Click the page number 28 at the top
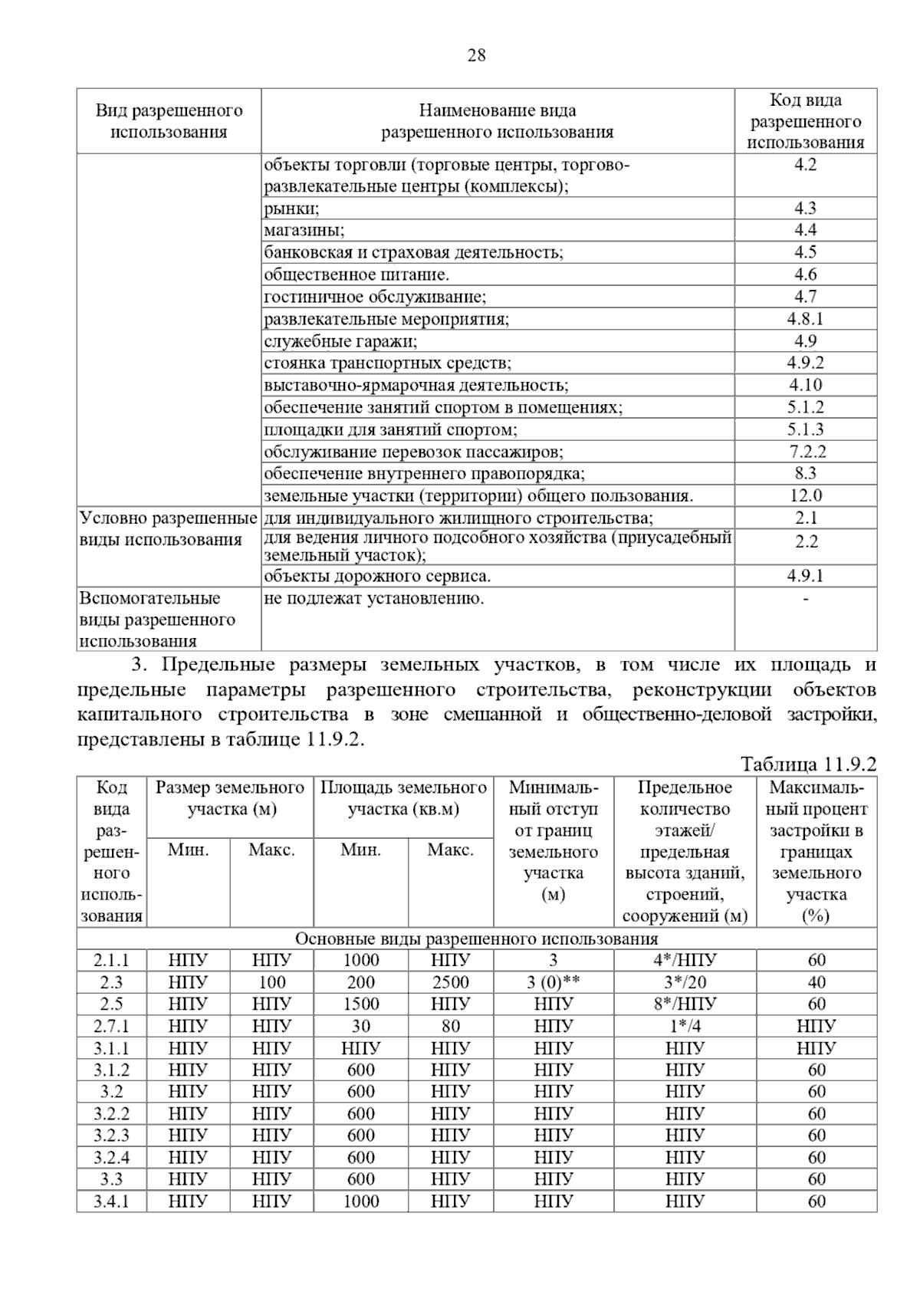pyautogui.click(x=475, y=56)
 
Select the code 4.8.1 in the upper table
pyautogui.click(x=805, y=319)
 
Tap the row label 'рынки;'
pyautogui.click(x=291, y=209)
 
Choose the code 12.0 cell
pyautogui.click(x=806, y=496)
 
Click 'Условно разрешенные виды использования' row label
pyautogui.click(x=168, y=529)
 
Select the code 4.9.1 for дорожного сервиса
pyautogui.click(x=805, y=576)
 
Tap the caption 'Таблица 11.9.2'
pyautogui.click(x=808, y=764)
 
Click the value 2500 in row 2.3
pyautogui.click(x=451, y=982)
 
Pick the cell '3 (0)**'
pyautogui.click(x=553, y=982)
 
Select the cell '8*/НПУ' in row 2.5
pyautogui.click(x=685, y=1004)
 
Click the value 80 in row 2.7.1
pyautogui.click(x=451, y=1026)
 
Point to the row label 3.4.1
pyautogui.click(x=112, y=1202)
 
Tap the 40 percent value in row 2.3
pyautogui.click(x=816, y=982)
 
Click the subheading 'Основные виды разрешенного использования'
pyautogui.click(x=476, y=939)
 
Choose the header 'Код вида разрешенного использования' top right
pyautogui.click(x=806, y=121)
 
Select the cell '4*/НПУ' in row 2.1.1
pyautogui.click(x=685, y=960)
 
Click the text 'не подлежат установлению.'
pyautogui.click(x=374, y=598)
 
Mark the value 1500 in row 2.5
pyautogui.click(x=361, y=1004)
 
